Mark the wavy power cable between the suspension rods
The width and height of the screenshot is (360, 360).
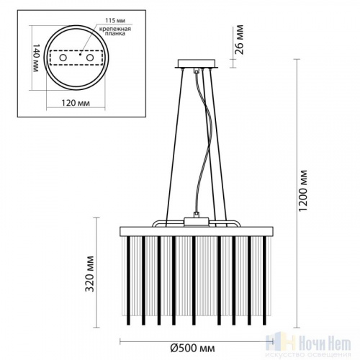pyautogui.click(x=196, y=144)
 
